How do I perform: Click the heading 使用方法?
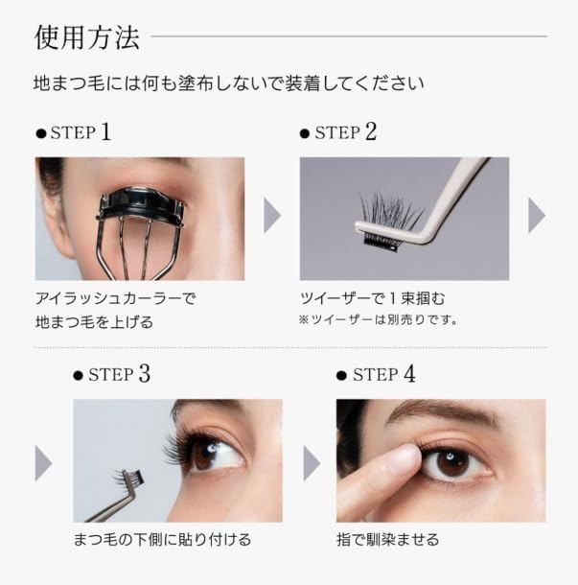coord(87,37)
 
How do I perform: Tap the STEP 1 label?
coord(81,131)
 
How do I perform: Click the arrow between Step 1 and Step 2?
coord(272,218)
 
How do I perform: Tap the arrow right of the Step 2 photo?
coord(537,218)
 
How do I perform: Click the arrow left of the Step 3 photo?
coord(44,461)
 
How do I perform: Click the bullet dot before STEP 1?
coord(40,133)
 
